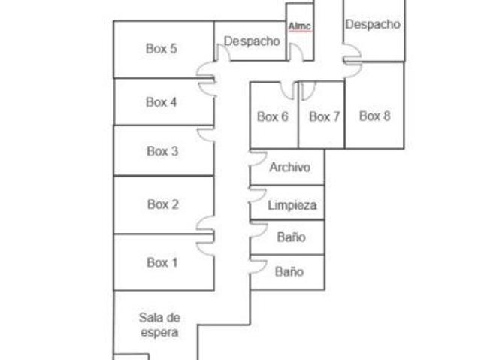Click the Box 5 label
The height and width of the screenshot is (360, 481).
(x=162, y=48)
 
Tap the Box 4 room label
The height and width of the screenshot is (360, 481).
(x=162, y=102)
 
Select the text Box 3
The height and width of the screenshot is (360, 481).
(x=162, y=151)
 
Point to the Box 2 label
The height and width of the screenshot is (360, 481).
(x=163, y=204)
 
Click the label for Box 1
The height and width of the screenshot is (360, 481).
(x=162, y=262)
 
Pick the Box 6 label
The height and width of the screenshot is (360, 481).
(x=273, y=116)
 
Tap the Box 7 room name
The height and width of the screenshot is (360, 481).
(x=324, y=116)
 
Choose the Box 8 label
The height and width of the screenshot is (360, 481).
(x=375, y=116)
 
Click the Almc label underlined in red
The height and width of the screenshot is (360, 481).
(x=299, y=26)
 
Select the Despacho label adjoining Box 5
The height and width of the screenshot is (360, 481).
(x=252, y=41)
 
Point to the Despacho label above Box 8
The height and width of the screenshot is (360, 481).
(x=373, y=24)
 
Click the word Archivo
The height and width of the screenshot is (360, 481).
(x=290, y=167)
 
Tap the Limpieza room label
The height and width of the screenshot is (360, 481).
(x=292, y=205)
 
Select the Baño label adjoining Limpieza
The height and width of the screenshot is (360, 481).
(x=291, y=237)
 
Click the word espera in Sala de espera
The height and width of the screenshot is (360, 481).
(x=159, y=333)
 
